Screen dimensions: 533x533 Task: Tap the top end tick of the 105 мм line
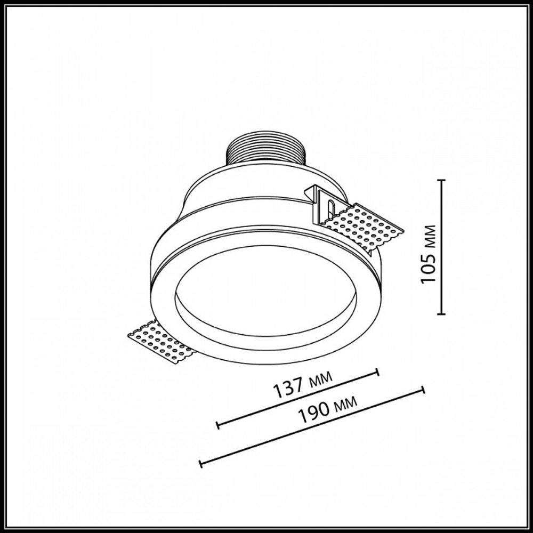(441, 181)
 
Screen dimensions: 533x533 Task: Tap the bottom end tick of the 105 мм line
(441, 314)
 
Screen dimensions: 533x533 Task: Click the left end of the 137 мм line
(217, 425)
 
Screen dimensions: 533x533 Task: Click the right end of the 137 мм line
(378, 372)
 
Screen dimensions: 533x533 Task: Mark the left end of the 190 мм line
(200, 464)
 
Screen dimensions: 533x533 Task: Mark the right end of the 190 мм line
(423, 390)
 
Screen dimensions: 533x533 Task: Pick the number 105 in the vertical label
(429, 271)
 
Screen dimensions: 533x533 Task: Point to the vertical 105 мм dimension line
(441, 248)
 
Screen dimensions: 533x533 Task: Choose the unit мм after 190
(344, 407)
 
